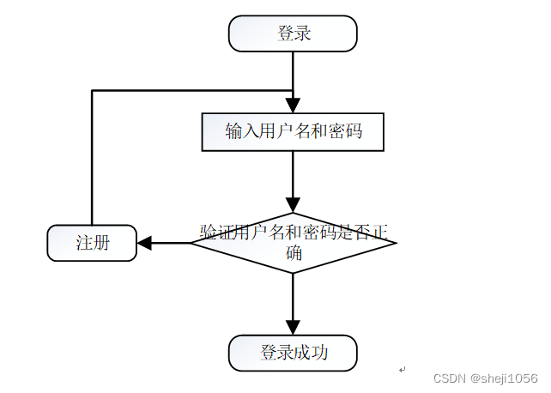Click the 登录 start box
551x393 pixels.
point(293,33)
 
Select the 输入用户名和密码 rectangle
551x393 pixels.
point(293,131)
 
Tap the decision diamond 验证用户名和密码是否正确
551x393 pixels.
point(293,243)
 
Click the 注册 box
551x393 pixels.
point(92,243)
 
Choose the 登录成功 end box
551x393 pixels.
point(293,353)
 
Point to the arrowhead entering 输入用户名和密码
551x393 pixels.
point(293,107)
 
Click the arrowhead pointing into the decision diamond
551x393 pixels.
point(293,207)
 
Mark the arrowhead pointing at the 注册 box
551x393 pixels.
point(144,243)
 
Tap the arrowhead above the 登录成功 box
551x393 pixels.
point(293,328)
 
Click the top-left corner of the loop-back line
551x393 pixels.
point(92,90)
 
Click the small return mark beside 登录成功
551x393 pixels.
point(402,369)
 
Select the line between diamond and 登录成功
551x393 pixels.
point(293,296)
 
